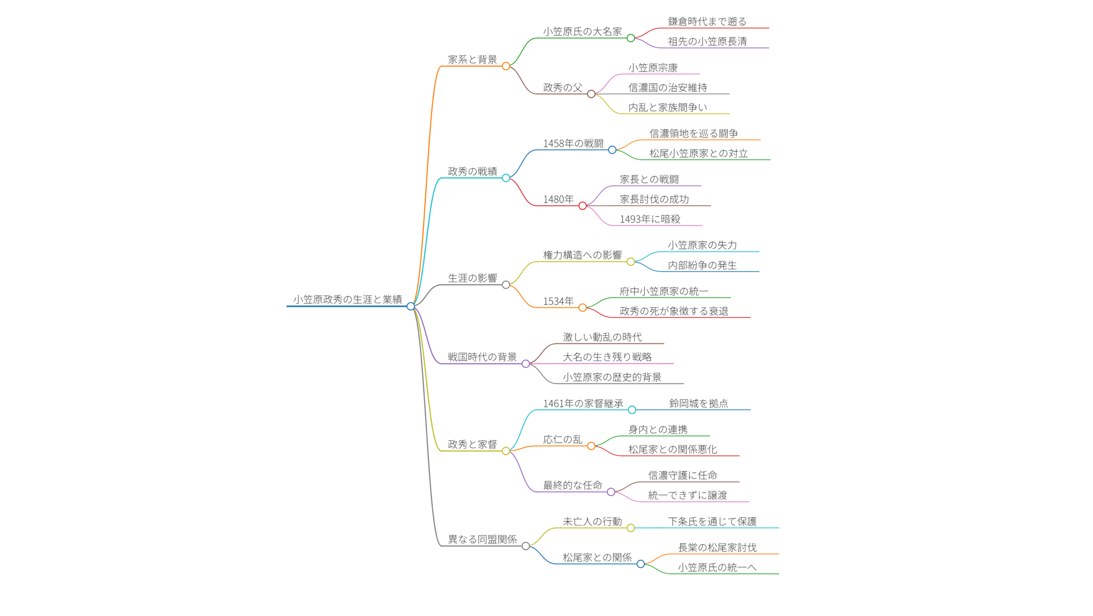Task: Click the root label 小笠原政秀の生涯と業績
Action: tap(347, 299)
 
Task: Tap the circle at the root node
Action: tap(411, 306)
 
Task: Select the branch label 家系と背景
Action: tap(472, 59)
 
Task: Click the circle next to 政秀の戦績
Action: tap(506, 178)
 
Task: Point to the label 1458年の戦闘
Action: tap(573, 143)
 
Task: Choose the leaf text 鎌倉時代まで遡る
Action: tap(707, 21)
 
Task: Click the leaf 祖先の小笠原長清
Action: tap(707, 41)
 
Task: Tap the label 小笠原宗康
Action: tap(653, 68)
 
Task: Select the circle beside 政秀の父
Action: tap(591, 94)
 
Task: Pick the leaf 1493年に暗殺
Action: tap(650, 219)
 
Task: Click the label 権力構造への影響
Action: tap(582, 255)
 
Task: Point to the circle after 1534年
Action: tap(582, 308)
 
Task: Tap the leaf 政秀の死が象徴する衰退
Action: tap(674, 311)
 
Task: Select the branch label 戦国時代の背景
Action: tap(482, 357)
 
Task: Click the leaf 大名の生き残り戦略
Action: tap(607, 357)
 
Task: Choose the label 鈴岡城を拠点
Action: tap(698, 403)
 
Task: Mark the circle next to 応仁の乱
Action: tap(591, 446)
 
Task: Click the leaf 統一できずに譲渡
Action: tap(687, 495)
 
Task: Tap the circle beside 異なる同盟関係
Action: tap(526, 546)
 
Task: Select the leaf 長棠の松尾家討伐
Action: tap(717, 547)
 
